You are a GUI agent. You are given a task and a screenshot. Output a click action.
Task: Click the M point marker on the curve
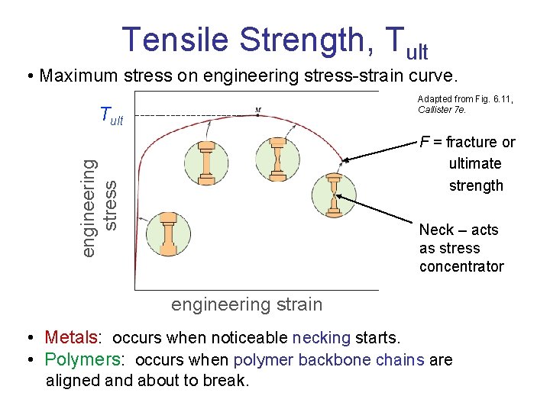pyautogui.click(x=258, y=111)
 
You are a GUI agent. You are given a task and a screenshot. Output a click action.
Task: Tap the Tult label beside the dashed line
pyautogui.click(x=112, y=117)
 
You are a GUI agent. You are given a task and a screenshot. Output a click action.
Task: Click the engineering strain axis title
pyautogui.click(x=247, y=304)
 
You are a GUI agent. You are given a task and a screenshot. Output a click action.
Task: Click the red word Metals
pyautogui.click(x=71, y=337)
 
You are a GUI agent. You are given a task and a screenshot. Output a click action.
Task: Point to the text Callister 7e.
pyautogui.click(x=442, y=110)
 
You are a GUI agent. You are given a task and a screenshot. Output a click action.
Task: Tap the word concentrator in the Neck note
pyautogui.click(x=461, y=266)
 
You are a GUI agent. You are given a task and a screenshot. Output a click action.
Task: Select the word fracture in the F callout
pyautogui.click(x=471, y=142)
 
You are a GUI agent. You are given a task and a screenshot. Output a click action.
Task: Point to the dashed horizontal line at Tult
pyautogui.click(x=191, y=115)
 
